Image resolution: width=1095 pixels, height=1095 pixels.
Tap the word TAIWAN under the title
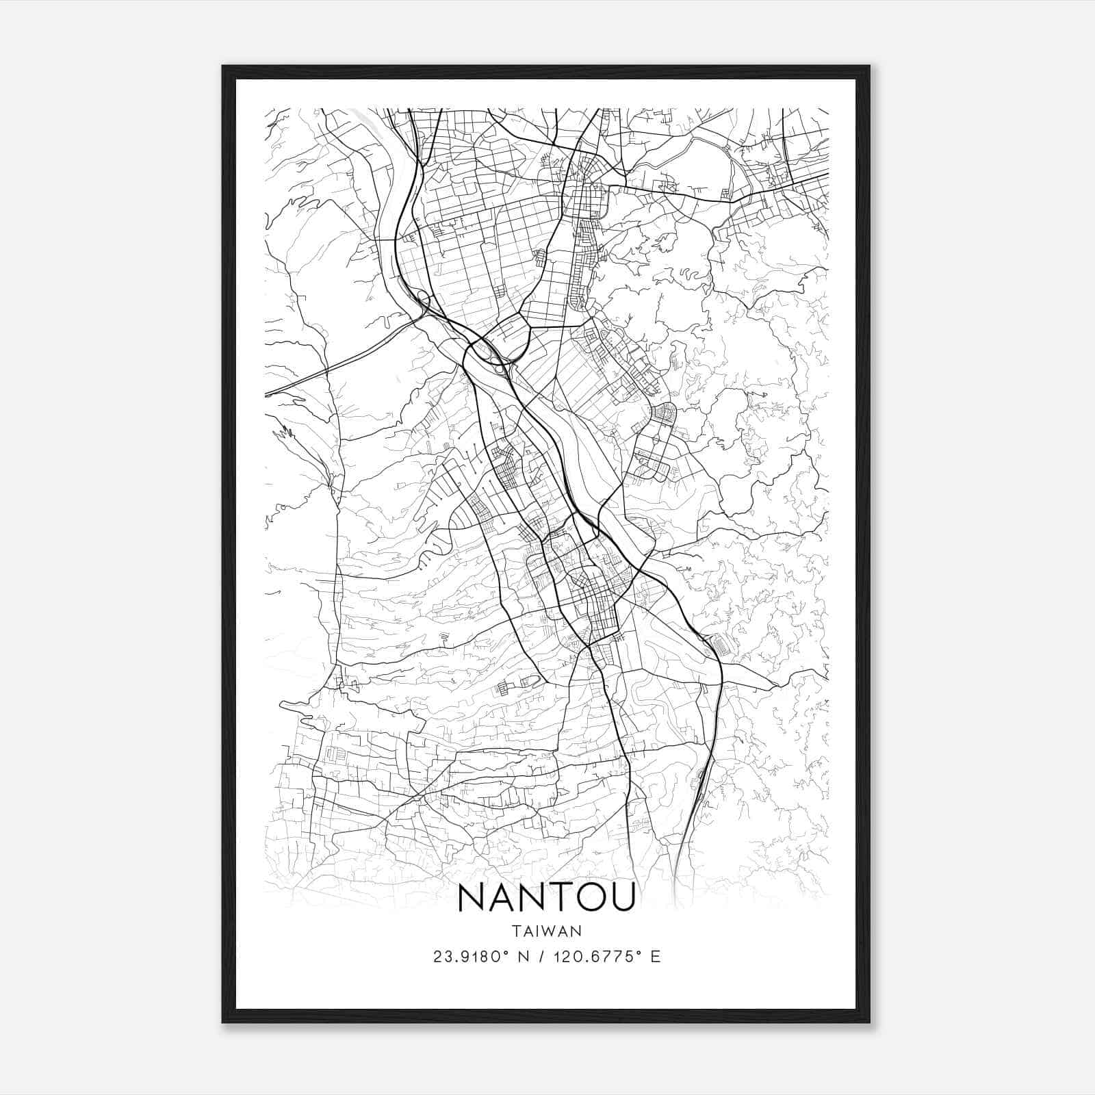pyautogui.click(x=546, y=931)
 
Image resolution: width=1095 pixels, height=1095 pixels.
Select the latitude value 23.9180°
pyautogui.click(x=465, y=957)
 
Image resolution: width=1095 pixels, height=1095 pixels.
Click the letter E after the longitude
pyautogui.click(x=656, y=957)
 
